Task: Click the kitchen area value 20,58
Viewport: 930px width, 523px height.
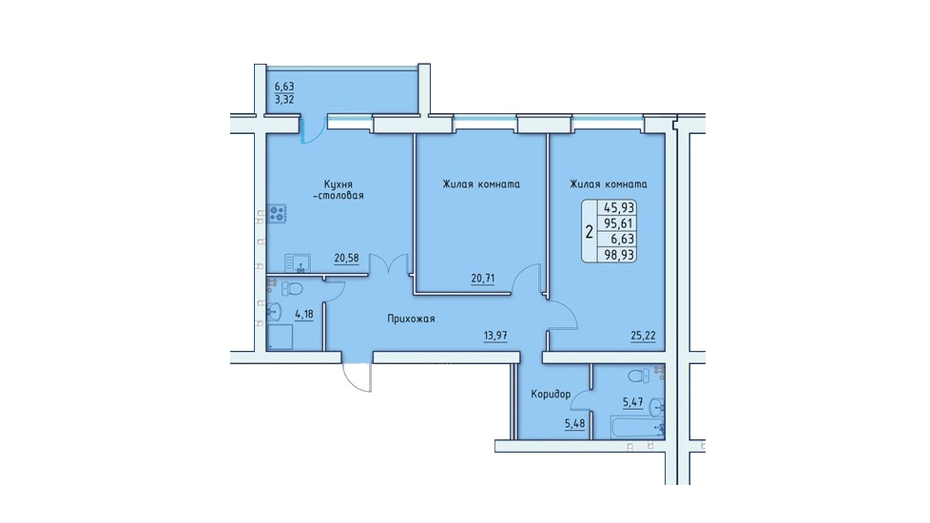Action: [x=346, y=258]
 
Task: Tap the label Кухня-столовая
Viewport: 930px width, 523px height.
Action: [x=339, y=190]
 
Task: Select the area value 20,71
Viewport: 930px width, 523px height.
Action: [x=483, y=278]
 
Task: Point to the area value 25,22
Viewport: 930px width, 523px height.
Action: [x=643, y=337]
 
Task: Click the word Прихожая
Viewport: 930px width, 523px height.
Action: [x=411, y=319]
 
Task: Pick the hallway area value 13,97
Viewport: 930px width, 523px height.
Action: [x=495, y=336]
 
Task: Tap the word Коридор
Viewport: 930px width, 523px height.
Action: [x=551, y=395]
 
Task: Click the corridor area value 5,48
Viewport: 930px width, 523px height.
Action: [x=574, y=424]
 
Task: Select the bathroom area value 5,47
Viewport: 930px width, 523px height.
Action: [x=633, y=402]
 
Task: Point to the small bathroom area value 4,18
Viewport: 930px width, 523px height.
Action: [x=303, y=314]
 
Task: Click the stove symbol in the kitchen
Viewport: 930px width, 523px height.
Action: [x=277, y=213]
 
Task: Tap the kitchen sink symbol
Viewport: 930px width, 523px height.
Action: [x=297, y=262]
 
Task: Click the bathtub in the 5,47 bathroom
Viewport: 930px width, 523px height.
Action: [x=637, y=426]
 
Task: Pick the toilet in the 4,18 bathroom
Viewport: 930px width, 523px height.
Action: [x=292, y=289]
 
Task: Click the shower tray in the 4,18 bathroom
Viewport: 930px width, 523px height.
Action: [x=280, y=337]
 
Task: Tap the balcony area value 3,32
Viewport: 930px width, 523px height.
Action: [x=284, y=100]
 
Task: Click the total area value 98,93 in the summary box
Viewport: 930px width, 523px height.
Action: [x=619, y=255]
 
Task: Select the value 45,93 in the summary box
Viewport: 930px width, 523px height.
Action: [x=619, y=207]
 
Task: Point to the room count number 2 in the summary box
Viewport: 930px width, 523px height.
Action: [x=589, y=232]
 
